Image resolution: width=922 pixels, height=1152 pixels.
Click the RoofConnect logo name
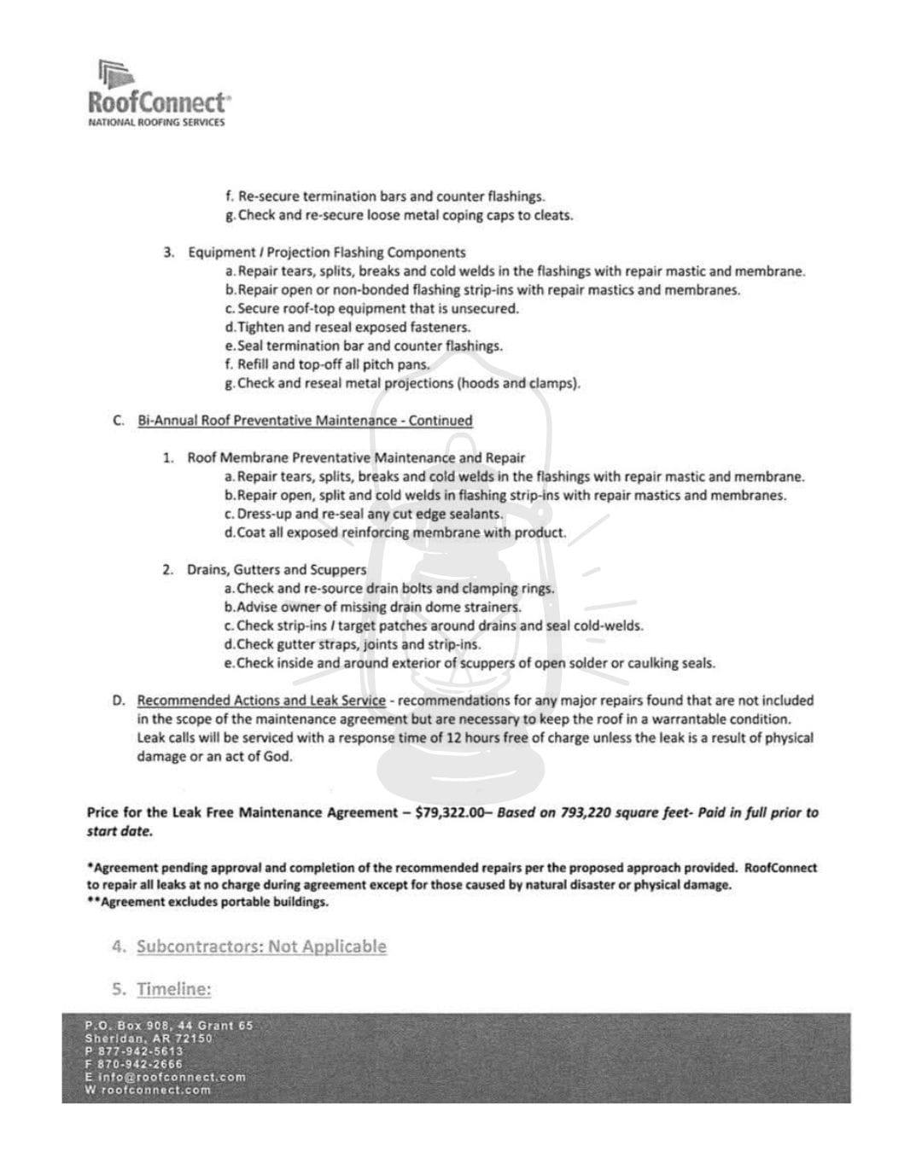159,102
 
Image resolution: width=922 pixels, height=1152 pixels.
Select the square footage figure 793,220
588,813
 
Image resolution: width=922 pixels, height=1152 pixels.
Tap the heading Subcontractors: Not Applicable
261,946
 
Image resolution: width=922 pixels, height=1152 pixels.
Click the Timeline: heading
173,989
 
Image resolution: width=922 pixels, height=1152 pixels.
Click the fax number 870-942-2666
140,1064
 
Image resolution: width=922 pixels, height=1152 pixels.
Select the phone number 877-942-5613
140,1051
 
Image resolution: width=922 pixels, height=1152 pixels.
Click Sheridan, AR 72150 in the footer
149,1039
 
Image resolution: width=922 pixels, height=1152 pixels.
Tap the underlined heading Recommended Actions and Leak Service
261,701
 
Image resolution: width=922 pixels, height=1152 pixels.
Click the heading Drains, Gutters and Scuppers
277,569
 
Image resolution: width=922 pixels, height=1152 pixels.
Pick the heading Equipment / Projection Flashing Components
327,253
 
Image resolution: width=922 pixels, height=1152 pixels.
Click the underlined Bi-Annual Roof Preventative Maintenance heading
305,421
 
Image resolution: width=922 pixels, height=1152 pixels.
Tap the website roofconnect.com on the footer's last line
156,1090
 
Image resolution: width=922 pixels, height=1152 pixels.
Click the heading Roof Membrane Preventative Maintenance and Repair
356,458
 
